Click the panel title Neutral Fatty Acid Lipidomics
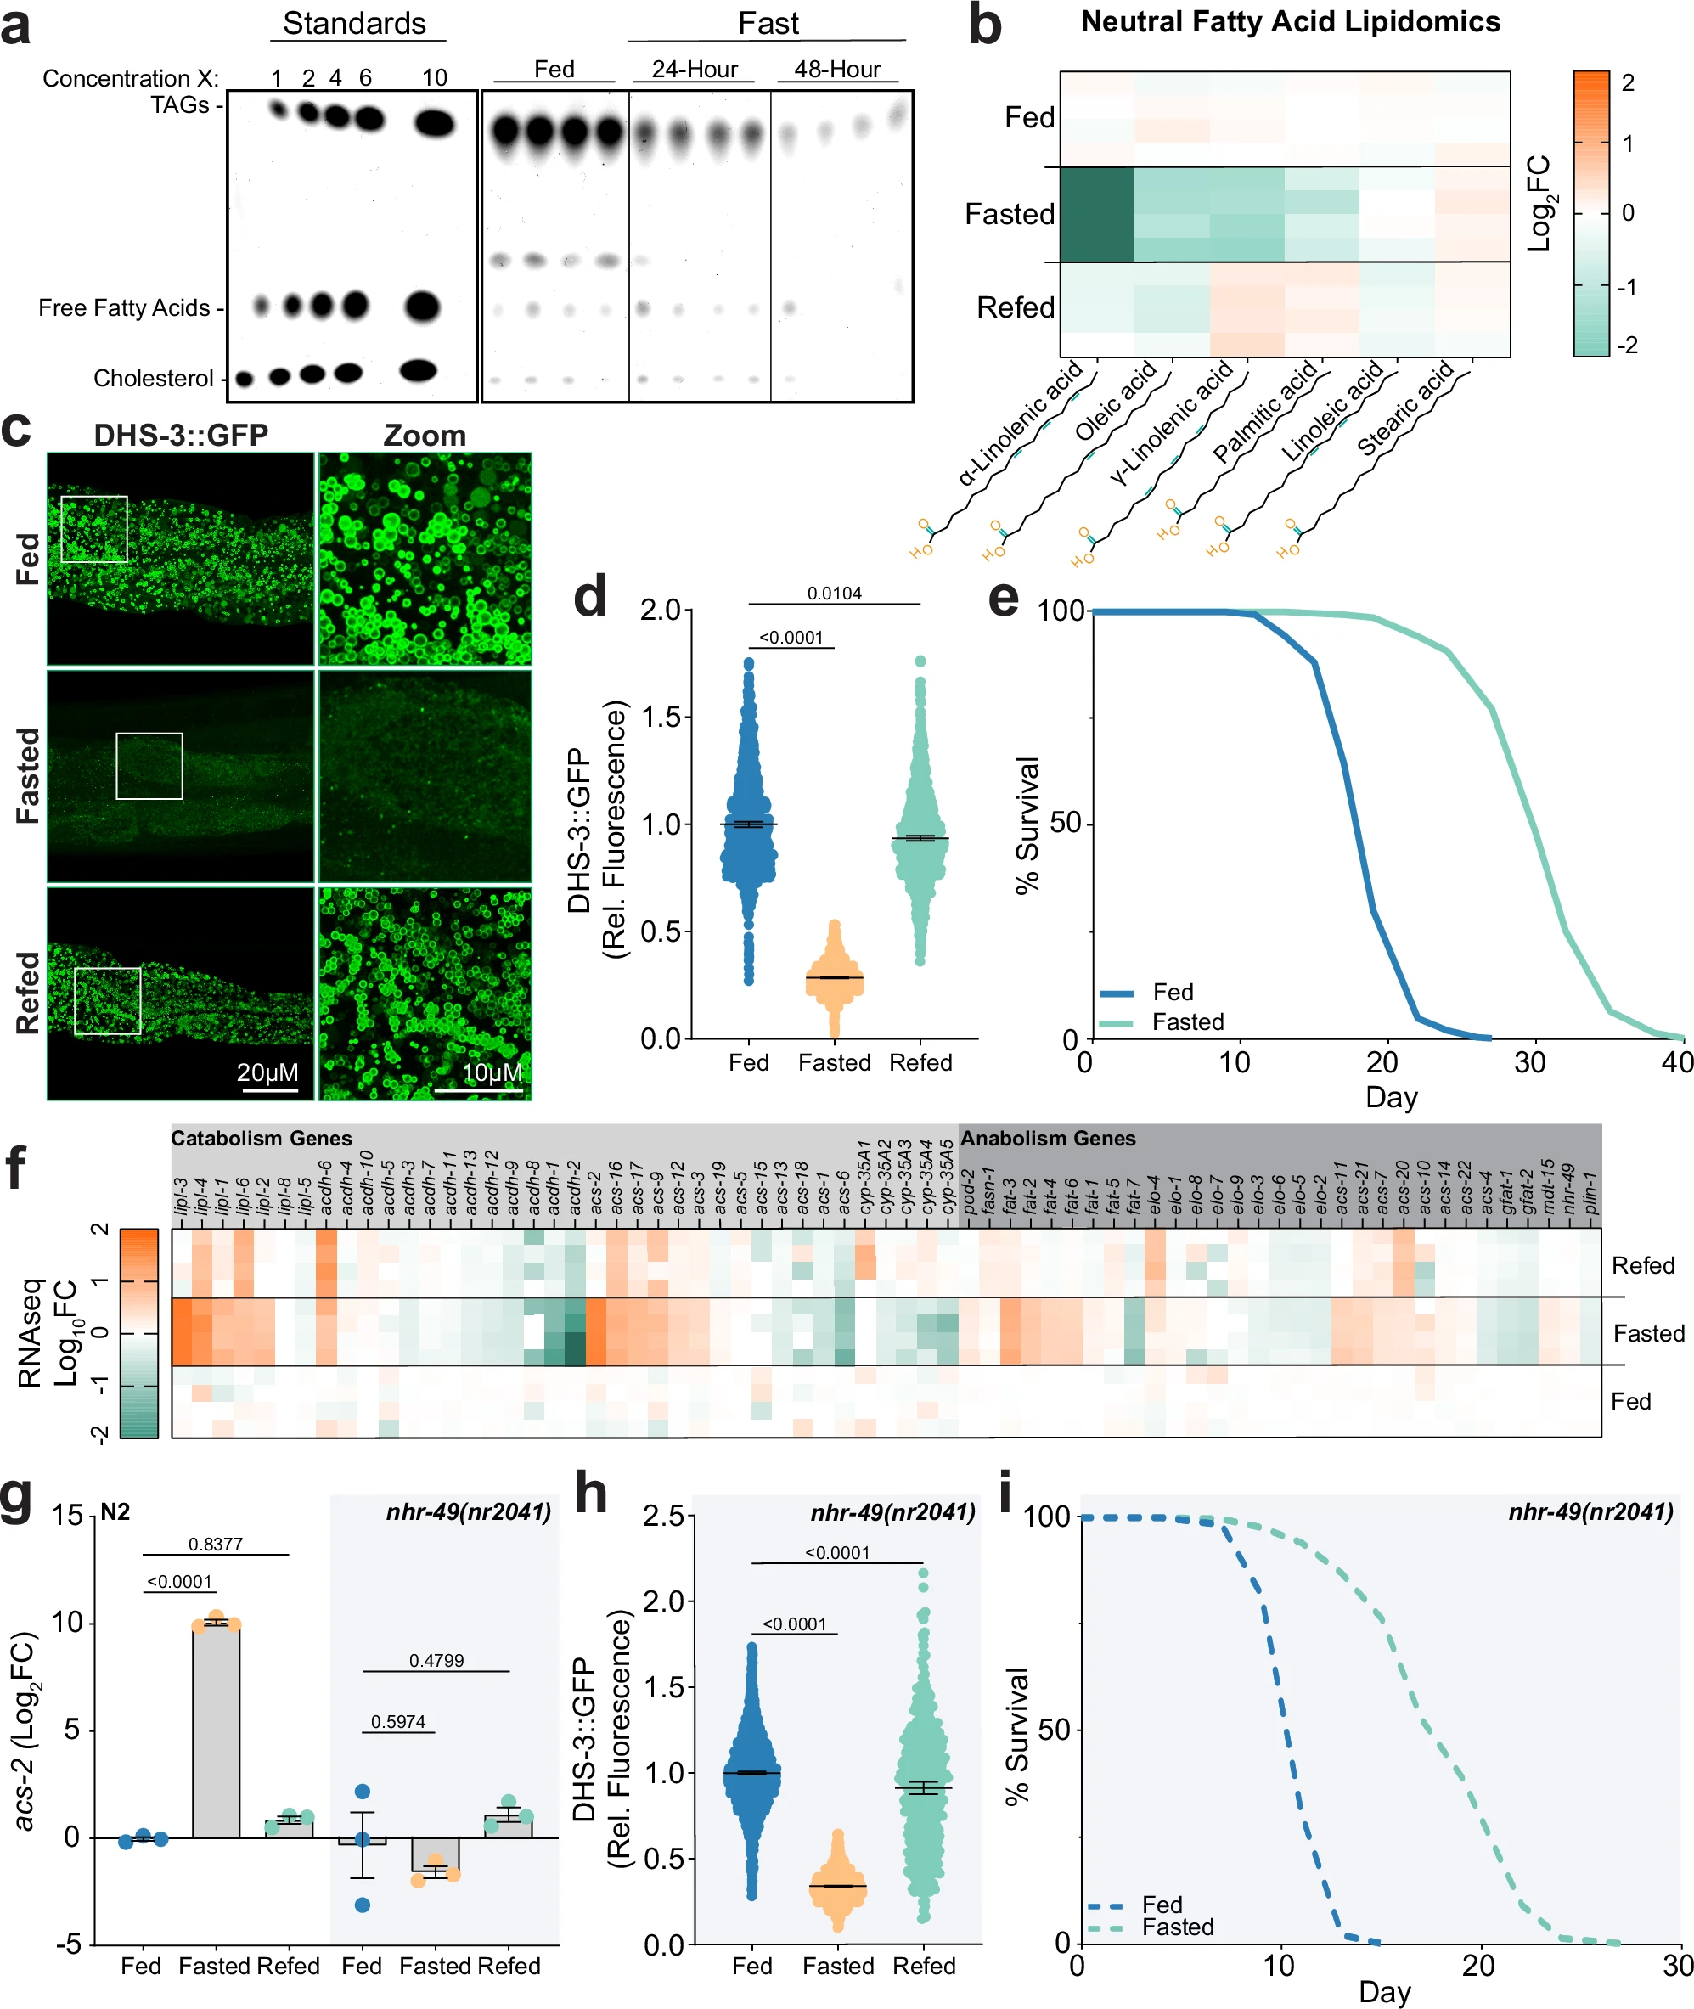tap(1290, 22)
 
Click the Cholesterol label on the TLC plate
tap(153, 379)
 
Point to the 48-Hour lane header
tap(836, 69)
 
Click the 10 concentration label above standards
tap(434, 78)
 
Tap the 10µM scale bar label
tap(492, 1072)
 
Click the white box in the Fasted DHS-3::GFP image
tap(149, 765)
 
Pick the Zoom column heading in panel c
tap(425, 435)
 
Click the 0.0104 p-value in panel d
tap(834, 594)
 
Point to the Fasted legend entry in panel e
tap(1187, 1021)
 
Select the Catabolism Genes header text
tap(262, 1138)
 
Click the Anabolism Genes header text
tap(1048, 1138)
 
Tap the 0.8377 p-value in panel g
tap(215, 1545)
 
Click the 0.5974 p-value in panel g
tap(397, 1722)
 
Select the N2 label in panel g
tap(115, 1512)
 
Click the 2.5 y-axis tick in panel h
tap(663, 1517)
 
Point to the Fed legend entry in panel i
tap(1162, 1905)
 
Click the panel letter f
tap(15, 1168)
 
